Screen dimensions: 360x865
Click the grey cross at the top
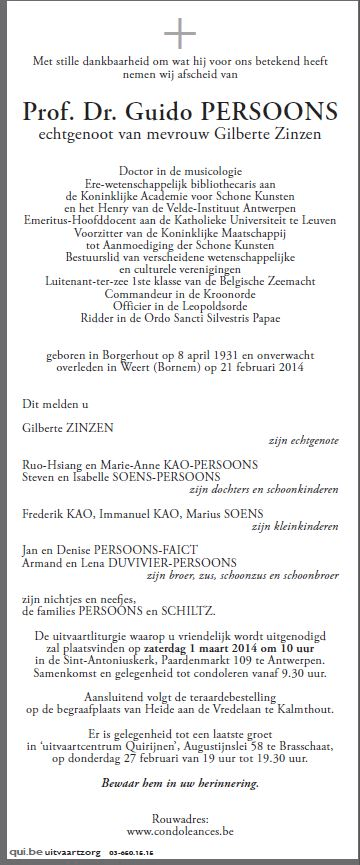pyautogui.click(x=180, y=36)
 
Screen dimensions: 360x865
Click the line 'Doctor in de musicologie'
pyautogui.click(x=180, y=170)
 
